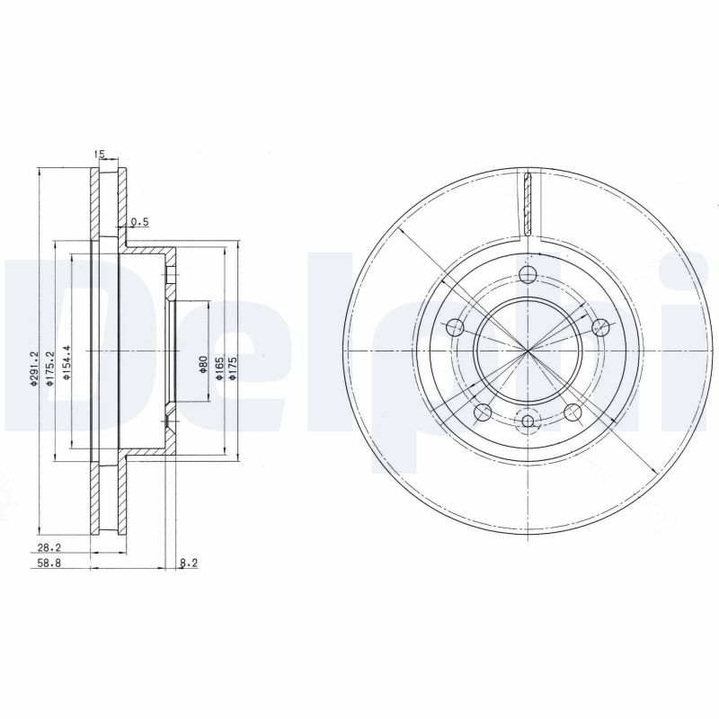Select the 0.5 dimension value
(x=139, y=222)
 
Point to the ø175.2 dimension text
(x=52, y=368)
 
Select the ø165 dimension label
(x=218, y=368)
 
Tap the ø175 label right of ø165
(x=232, y=368)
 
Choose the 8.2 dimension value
(x=189, y=564)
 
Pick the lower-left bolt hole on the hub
(x=483, y=413)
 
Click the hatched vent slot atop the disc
(x=528, y=202)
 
